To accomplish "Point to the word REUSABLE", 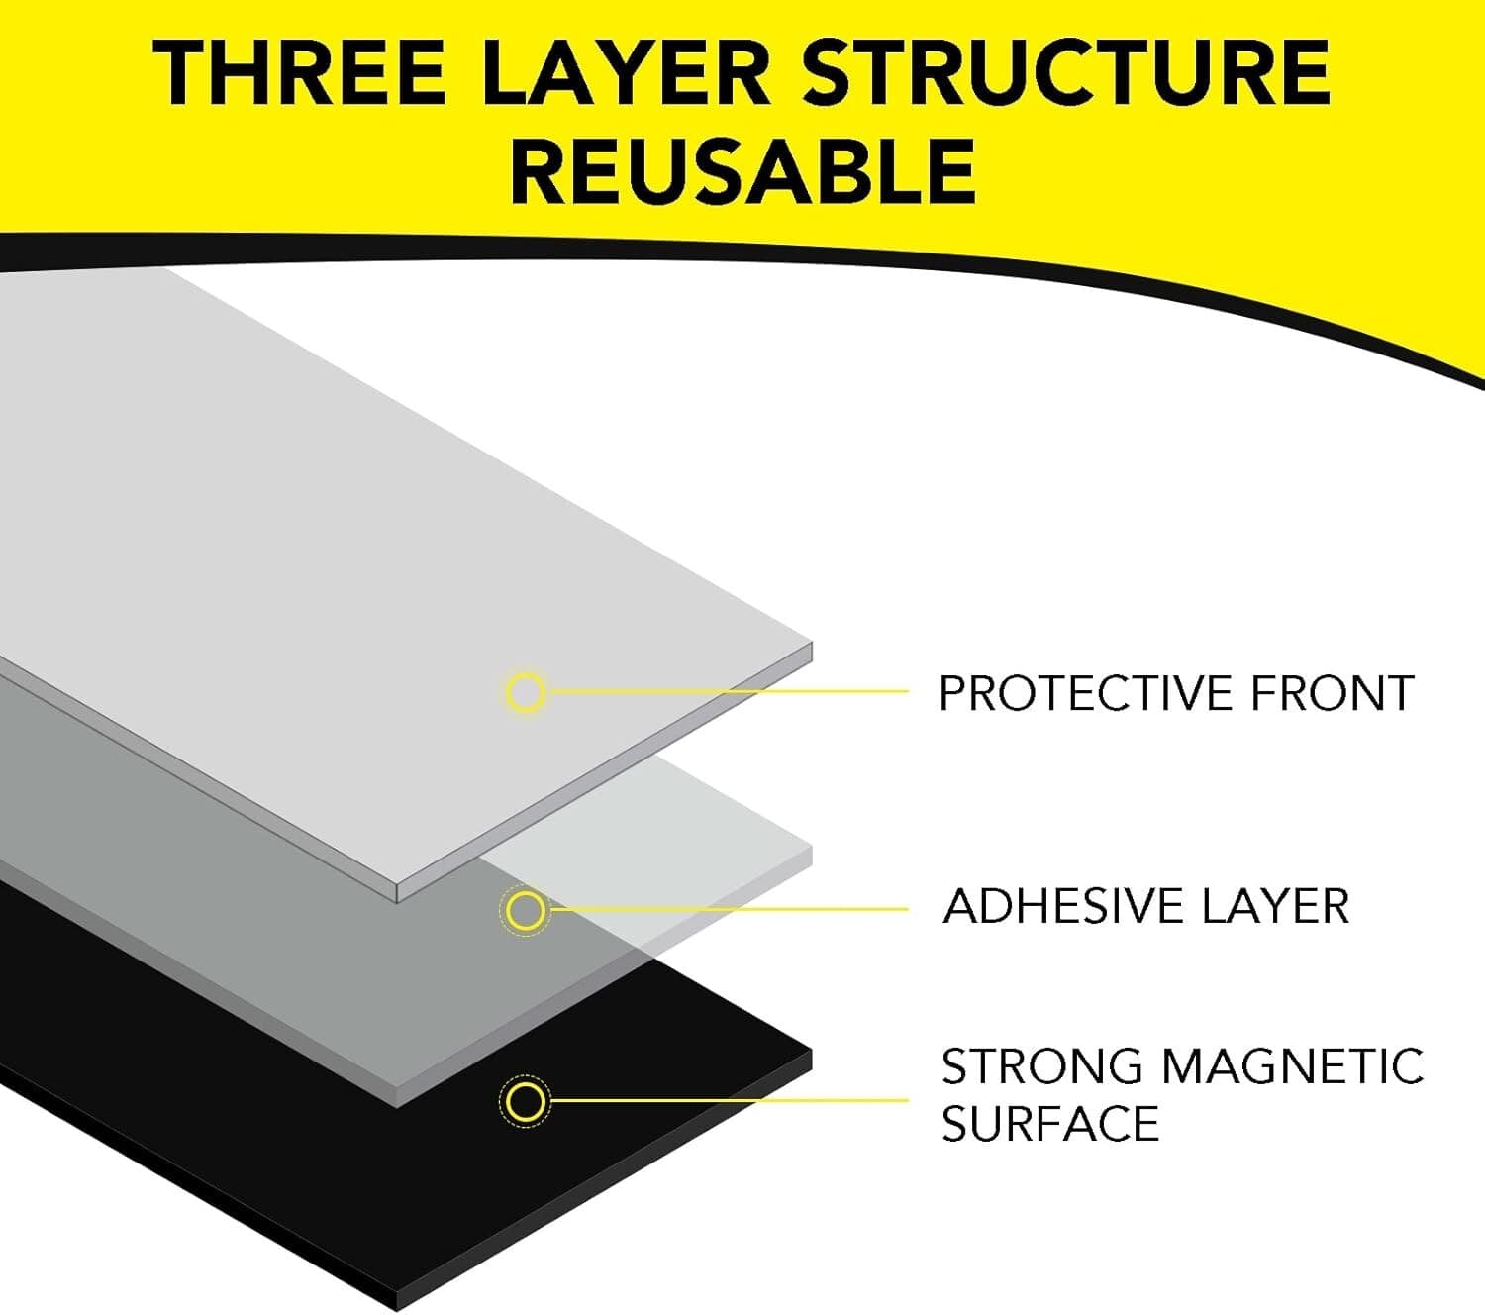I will tap(743, 171).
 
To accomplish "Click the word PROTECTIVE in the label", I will tap(1086, 693).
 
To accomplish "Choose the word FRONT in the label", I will tap(1333, 693).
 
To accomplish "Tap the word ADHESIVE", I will tap(1063, 906).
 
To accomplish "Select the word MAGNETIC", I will tap(1292, 1066).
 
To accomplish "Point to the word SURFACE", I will tap(1049, 1124).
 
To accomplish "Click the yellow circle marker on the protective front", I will tap(525, 692).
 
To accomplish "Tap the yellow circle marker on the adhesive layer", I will tap(525, 910).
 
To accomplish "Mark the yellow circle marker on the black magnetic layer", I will tap(525, 1101).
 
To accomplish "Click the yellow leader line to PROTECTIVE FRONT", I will tap(728, 691).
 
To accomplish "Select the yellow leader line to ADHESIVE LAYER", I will tap(728, 909).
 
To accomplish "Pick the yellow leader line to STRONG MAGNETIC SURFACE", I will tap(728, 1100).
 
